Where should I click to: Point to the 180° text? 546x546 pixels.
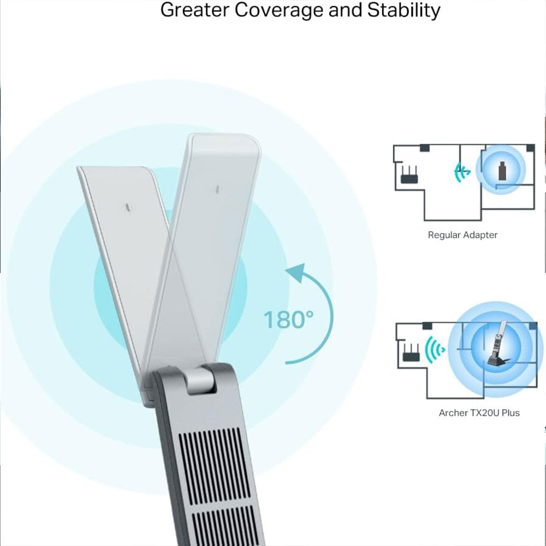click(288, 319)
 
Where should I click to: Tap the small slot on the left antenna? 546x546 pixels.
click(127, 208)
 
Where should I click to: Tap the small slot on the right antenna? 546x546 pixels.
click(217, 189)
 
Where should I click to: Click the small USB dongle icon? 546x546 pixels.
click(502, 171)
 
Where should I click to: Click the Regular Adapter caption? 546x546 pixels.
click(462, 235)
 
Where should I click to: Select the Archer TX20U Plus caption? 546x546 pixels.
click(479, 413)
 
